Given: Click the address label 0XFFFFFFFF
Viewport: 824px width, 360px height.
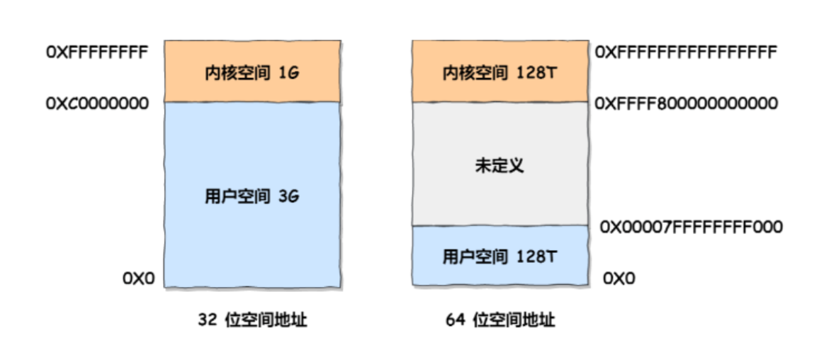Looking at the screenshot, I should (98, 52).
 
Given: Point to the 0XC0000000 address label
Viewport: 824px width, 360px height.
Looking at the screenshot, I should (98, 103).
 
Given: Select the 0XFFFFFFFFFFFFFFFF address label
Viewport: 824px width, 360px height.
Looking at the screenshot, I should (686, 52).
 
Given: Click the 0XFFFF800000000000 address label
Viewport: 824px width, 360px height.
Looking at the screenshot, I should (686, 104).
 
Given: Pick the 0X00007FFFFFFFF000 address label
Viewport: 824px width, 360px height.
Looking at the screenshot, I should (691, 227).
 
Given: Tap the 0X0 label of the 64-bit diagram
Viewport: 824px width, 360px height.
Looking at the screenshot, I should (619, 279).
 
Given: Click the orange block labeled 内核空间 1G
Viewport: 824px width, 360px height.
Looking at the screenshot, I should (252, 72).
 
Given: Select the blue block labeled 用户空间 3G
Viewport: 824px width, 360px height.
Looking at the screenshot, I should (252, 195).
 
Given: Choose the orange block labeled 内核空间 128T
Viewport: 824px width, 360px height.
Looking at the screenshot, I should (500, 72).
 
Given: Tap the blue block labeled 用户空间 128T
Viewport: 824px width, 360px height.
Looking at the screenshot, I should (500, 256).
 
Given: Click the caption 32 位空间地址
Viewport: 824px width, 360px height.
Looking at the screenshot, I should (252, 320).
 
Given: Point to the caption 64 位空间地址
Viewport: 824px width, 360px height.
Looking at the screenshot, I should (500, 320).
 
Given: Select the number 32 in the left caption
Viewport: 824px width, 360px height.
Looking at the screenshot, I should (207, 320).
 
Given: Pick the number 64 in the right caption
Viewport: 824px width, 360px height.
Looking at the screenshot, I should (455, 320).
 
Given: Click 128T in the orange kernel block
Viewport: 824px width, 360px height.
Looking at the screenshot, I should (537, 72).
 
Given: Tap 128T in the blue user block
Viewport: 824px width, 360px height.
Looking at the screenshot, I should (537, 256).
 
